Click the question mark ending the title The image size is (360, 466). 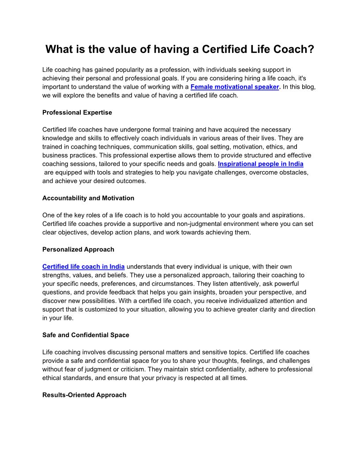311,49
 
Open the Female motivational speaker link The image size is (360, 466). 235,87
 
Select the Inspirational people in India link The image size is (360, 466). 261,164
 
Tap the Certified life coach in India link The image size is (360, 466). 83,267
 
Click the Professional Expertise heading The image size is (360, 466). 77,113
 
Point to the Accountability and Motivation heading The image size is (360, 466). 88,198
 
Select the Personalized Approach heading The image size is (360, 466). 78,249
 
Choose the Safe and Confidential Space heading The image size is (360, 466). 86,335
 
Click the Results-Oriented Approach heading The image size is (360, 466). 84,395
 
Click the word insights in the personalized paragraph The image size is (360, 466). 226,292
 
